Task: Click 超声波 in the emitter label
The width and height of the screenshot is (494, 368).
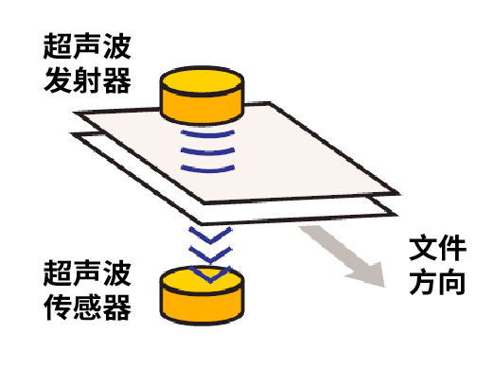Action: coord(86,44)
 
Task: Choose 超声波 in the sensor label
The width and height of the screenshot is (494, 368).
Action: coord(86,273)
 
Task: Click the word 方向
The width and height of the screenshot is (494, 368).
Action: coord(437,282)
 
